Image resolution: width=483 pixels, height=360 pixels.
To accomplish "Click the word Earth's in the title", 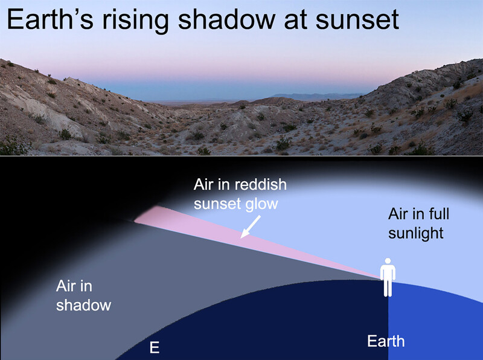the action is pyautogui.click(x=50, y=19).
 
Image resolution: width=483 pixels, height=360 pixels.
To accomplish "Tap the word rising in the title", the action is pyautogui.click(x=135, y=21).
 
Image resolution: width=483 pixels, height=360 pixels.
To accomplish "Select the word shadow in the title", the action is pyautogui.click(x=226, y=19).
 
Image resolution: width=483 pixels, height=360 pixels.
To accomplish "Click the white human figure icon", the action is pyautogui.click(x=388, y=277).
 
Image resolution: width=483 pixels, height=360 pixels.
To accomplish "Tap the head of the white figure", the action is pyautogui.click(x=388, y=261).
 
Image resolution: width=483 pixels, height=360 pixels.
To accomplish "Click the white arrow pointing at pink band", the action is pyautogui.click(x=251, y=227).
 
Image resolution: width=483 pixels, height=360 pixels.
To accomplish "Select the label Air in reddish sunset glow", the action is pyautogui.click(x=240, y=194).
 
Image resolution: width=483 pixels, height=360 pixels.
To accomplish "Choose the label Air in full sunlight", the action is pyautogui.click(x=418, y=223).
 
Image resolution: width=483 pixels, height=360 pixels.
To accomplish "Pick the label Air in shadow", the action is pyautogui.click(x=83, y=295).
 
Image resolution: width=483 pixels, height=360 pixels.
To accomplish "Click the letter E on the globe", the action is pyautogui.click(x=155, y=347).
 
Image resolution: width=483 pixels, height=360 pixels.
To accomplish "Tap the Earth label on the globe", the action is pyautogui.click(x=386, y=341).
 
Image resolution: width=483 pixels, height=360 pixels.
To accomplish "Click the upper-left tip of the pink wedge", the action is pyautogui.click(x=135, y=221).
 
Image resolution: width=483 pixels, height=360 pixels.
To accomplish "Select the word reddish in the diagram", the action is pyautogui.click(x=261, y=185).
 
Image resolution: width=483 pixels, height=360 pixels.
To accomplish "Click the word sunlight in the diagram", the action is pyautogui.click(x=416, y=233).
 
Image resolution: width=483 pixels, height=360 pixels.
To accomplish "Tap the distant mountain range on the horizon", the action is pyautogui.click(x=318, y=97).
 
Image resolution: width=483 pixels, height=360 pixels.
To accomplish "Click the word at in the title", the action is pyautogui.click(x=295, y=21).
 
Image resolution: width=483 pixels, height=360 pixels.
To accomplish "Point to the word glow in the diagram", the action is pyautogui.click(x=262, y=204).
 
